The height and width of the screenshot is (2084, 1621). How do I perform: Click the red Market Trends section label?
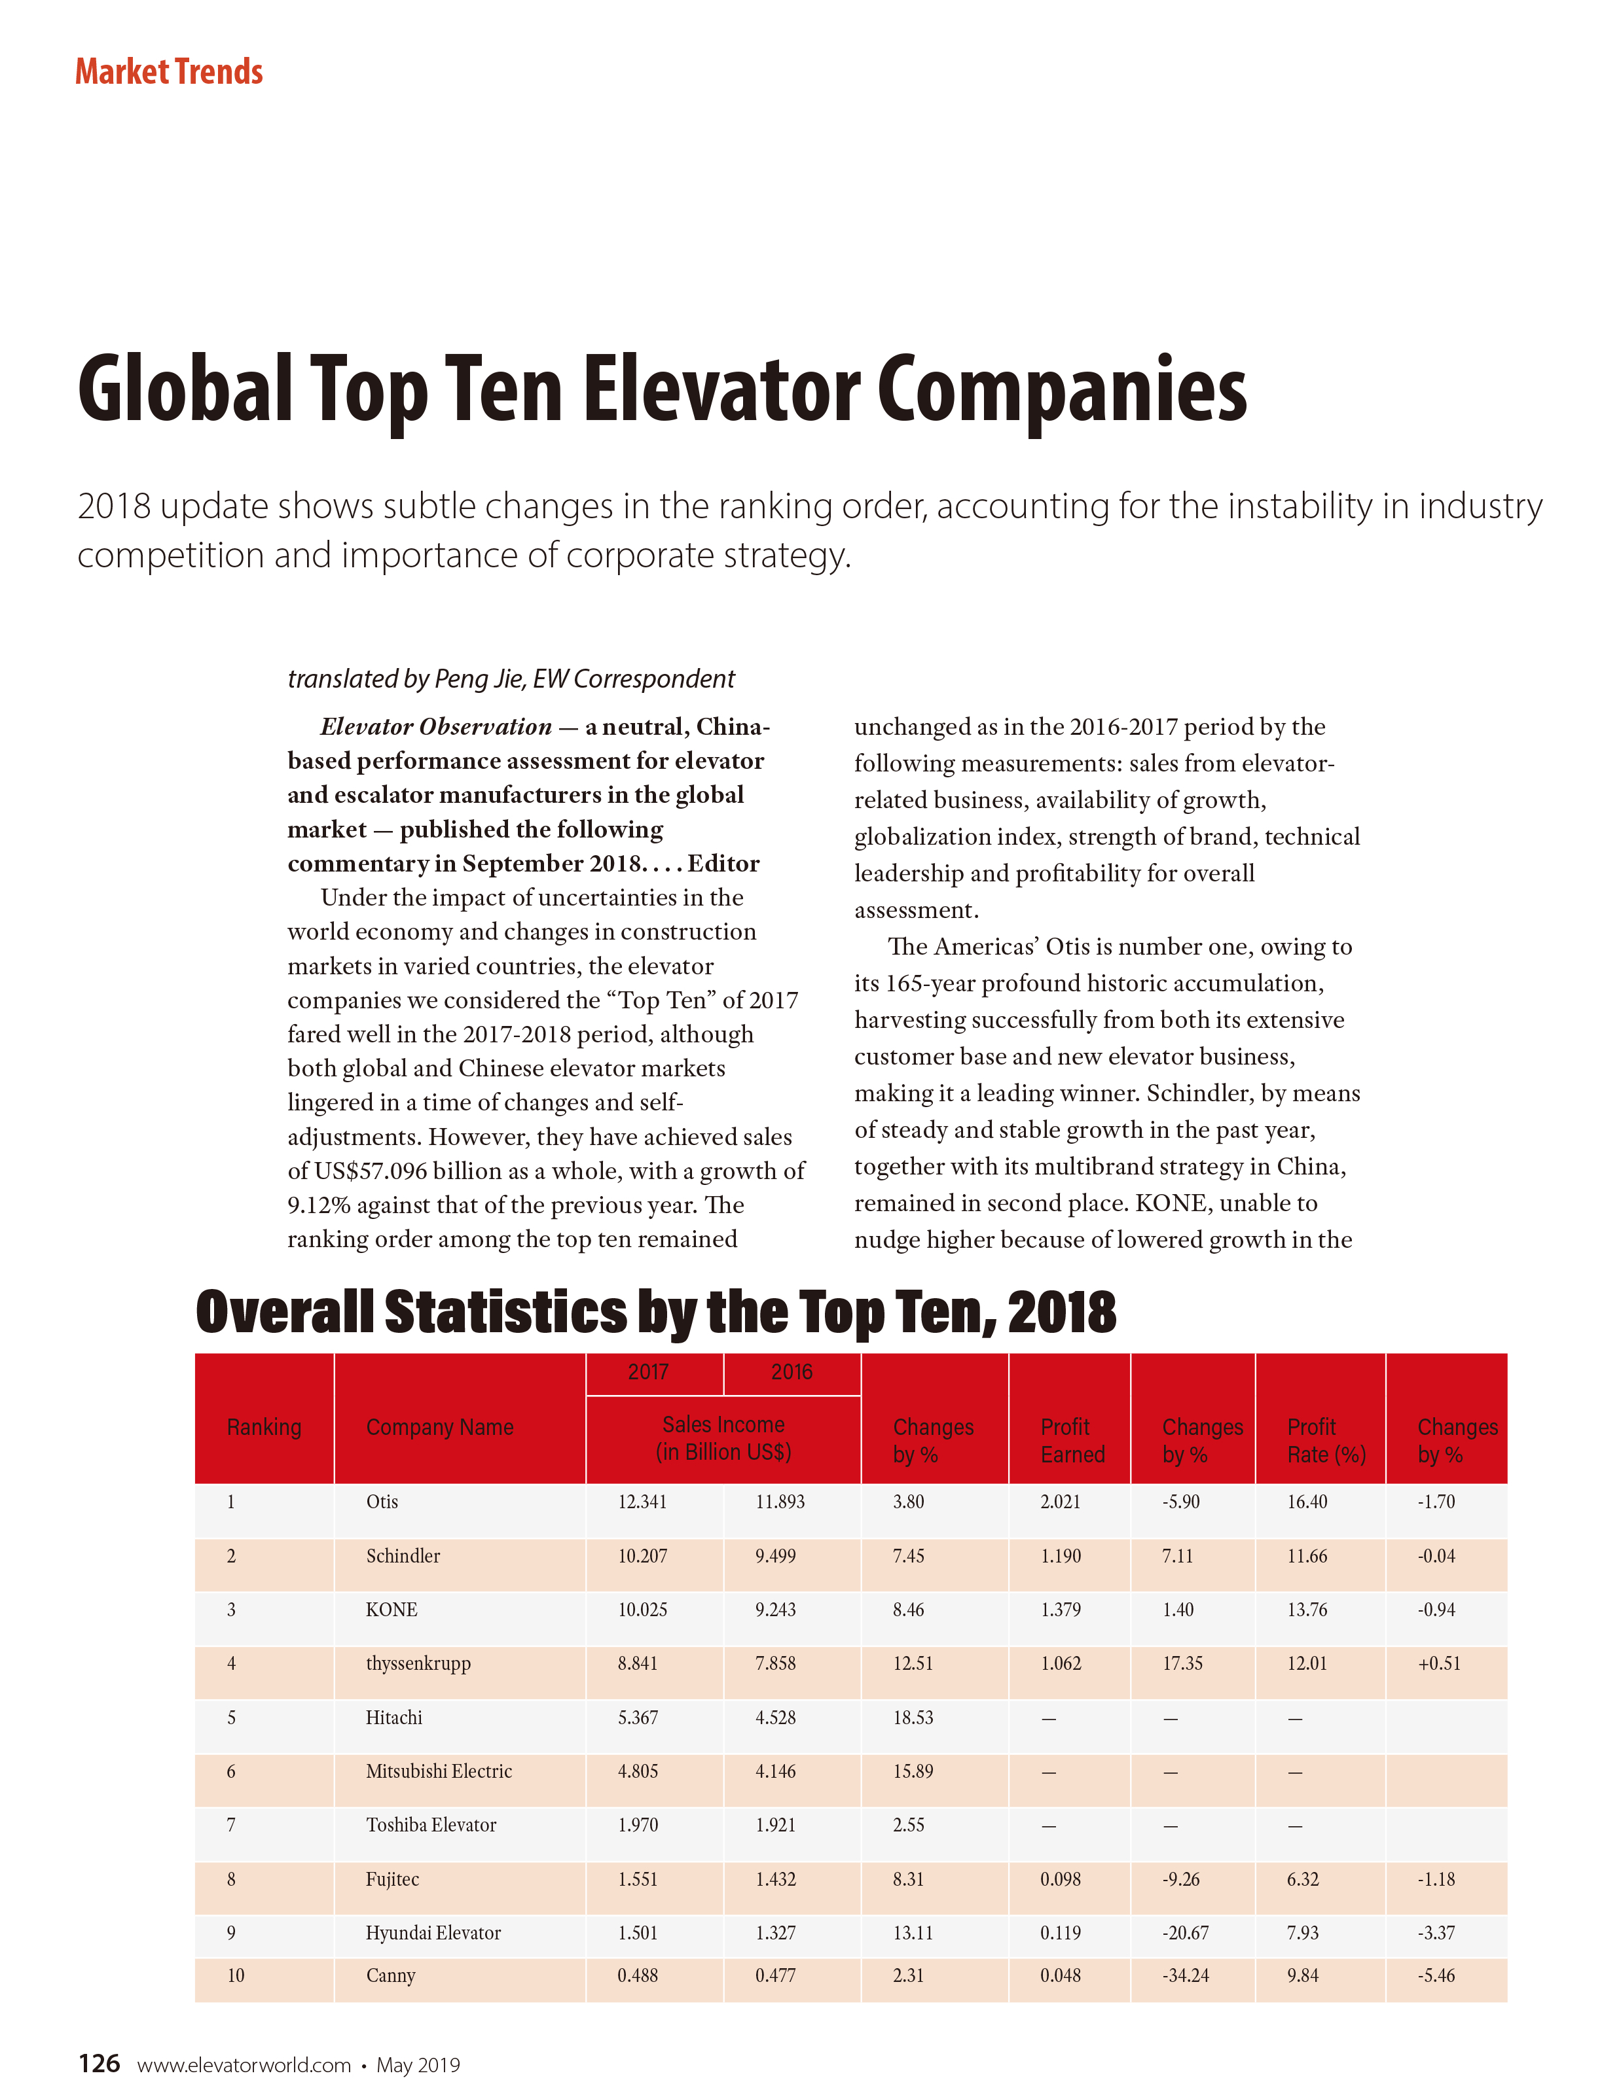pos(169,71)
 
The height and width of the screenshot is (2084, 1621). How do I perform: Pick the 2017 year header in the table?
pos(648,1371)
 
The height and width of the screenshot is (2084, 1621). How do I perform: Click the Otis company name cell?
pos(382,1501)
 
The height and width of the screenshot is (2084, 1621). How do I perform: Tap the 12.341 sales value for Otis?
pos(642,1501)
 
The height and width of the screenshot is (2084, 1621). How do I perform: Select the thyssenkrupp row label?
pos(418,1663)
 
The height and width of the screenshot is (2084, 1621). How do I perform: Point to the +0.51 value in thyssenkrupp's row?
pos(1438,1663)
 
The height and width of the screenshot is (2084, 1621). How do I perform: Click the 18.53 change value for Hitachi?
pos(913,1718)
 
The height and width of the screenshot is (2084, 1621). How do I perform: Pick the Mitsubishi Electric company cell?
pos(438,1771)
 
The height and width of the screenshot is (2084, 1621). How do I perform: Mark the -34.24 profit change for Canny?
pos(1185,1975)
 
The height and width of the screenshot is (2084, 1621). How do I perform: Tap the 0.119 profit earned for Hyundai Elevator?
pos(1060,1932)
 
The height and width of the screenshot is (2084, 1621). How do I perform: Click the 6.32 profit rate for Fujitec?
pos(1302,1879)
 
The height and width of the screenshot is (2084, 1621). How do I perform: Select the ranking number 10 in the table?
pos(235,1975)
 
